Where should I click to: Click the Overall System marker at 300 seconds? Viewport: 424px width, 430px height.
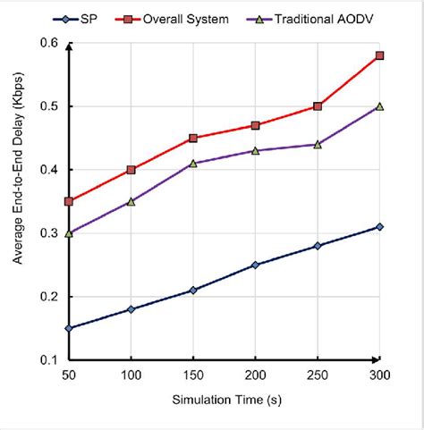(x=379, y=55)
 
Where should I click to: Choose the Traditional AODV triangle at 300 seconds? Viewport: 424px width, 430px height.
(x=379, y=105)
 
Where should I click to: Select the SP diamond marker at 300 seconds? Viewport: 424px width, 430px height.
(x=379, y=227)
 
